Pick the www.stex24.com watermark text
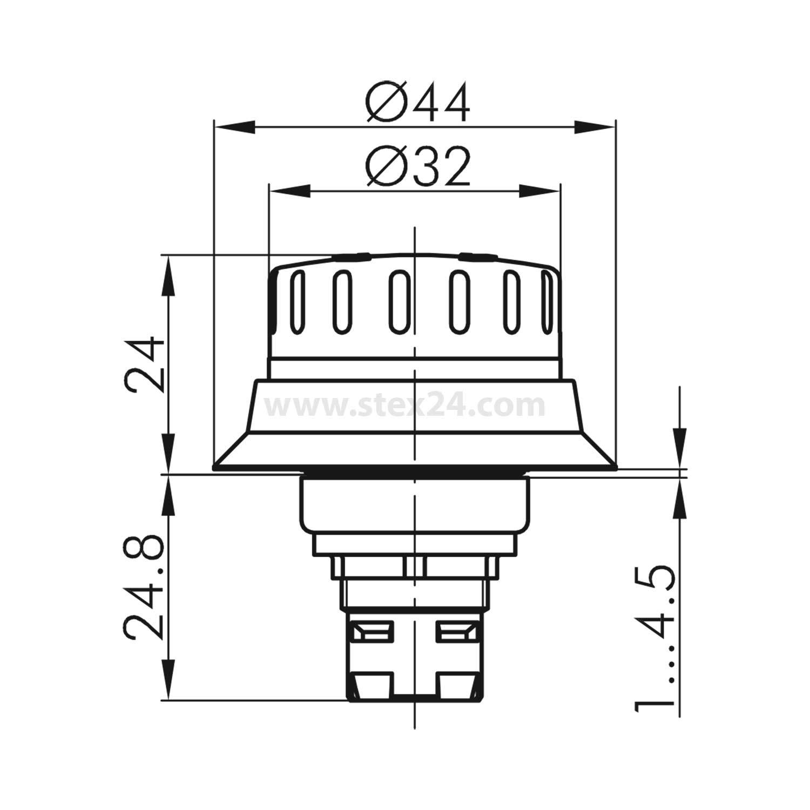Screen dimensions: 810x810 (x=405, y=406)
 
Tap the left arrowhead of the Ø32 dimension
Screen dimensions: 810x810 (x=289, y=191)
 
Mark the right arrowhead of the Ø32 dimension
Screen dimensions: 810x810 (x=540, y=191)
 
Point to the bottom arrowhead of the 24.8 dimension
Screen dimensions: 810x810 (x=170, y=681)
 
